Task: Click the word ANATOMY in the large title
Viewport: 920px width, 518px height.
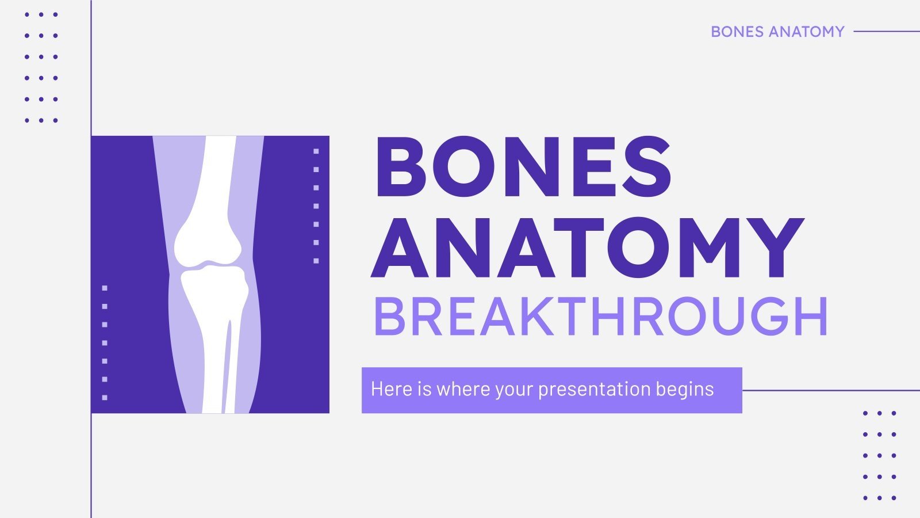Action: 586,249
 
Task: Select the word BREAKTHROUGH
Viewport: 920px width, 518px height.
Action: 600,317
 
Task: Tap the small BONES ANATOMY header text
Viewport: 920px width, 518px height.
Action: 777,32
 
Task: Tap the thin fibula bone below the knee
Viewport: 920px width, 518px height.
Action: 229,368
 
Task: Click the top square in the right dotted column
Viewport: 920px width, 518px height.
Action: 316,151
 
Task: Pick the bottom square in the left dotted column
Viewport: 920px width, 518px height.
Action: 105,398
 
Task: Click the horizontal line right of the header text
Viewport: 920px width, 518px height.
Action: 885,32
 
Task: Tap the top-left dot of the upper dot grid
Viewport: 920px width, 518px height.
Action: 27,14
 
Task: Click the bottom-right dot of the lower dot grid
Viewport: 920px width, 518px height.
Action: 894,498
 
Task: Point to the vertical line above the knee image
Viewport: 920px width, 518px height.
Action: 91,69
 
